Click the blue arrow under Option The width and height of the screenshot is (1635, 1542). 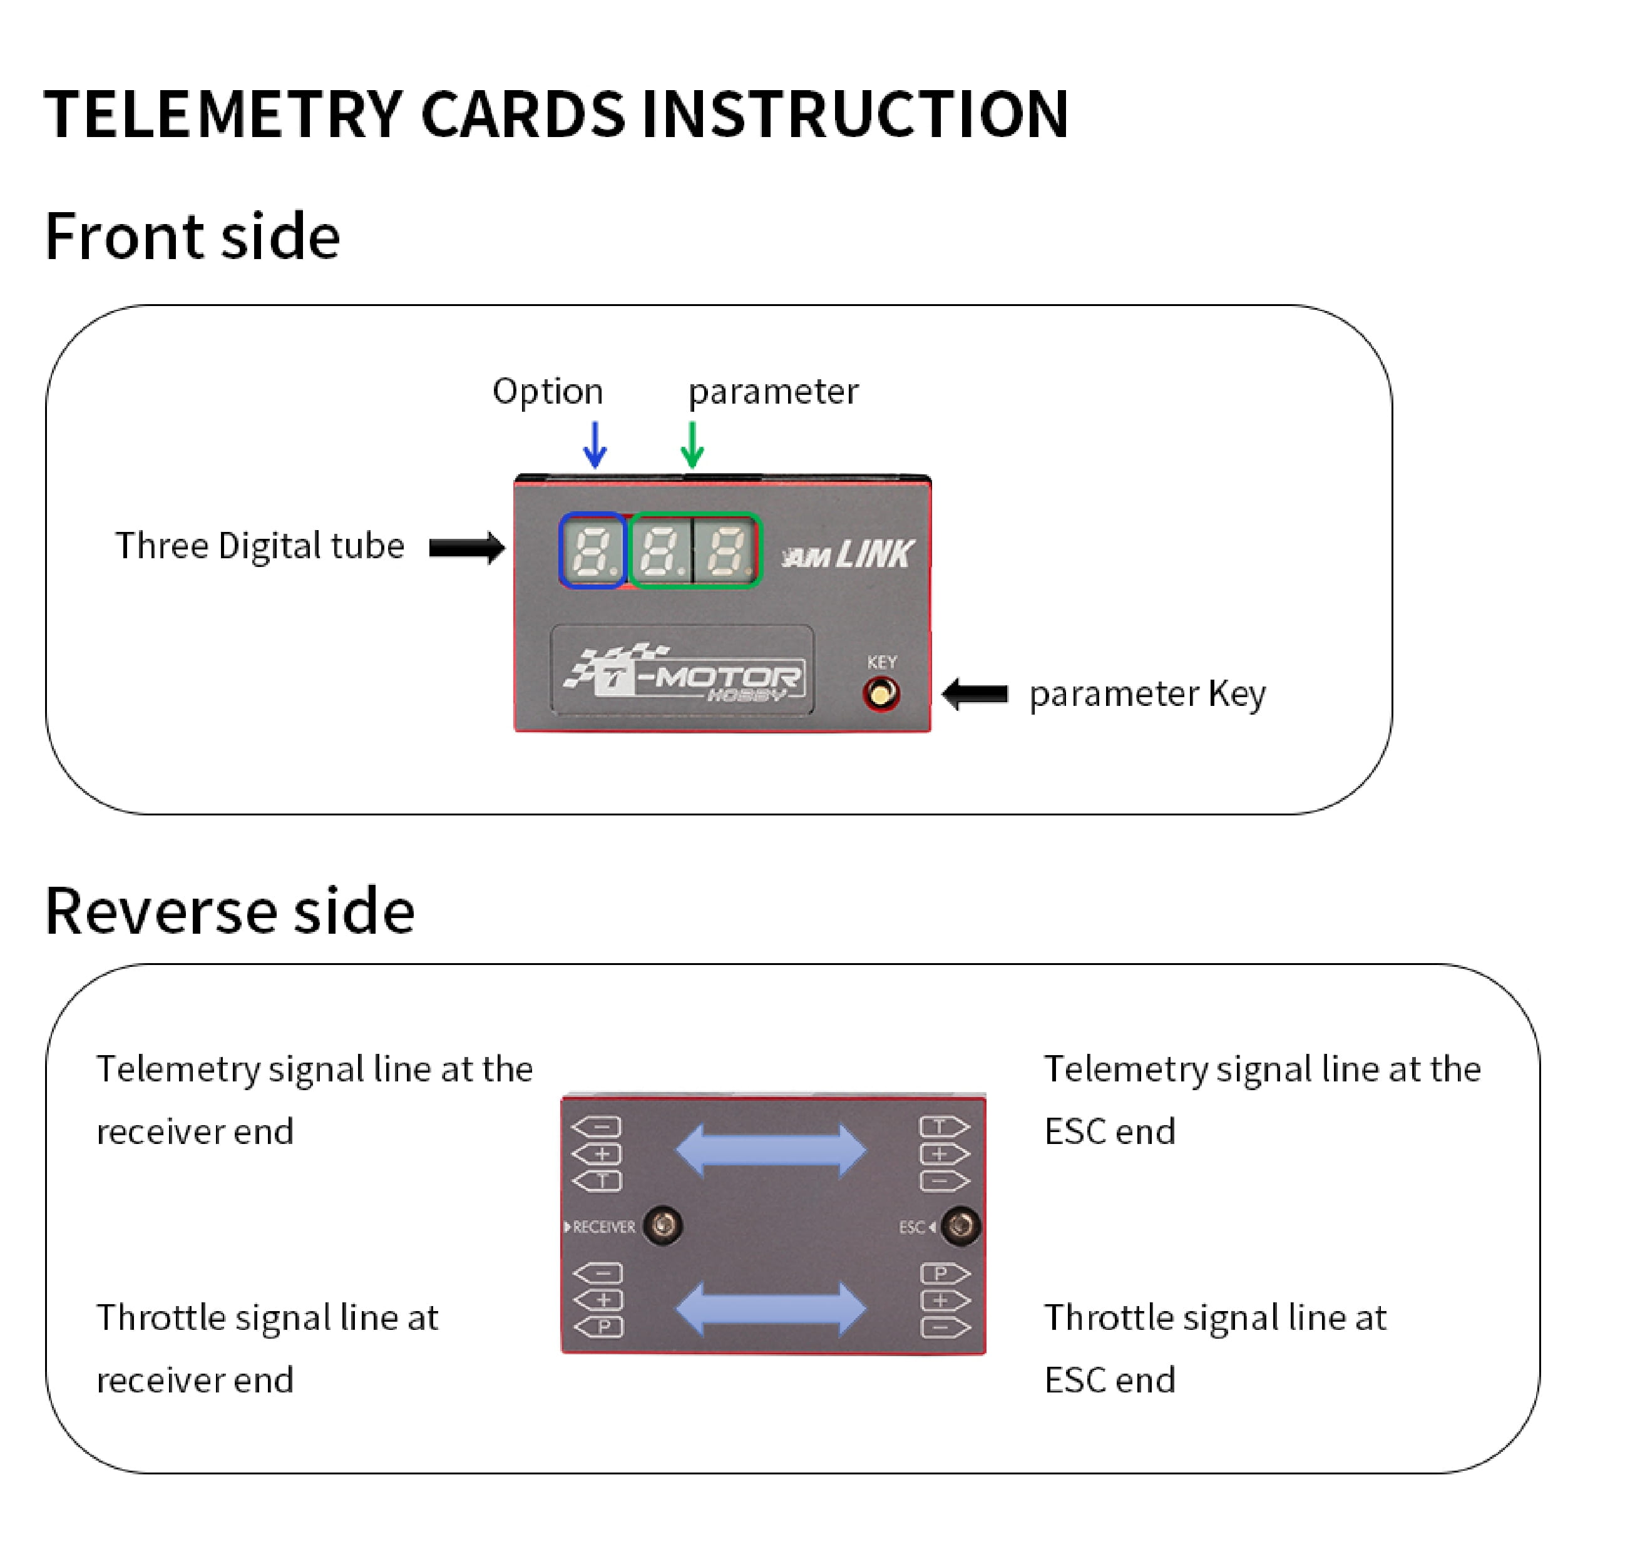coord(595,444)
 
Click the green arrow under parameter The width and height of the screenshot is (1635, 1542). coord(692,444)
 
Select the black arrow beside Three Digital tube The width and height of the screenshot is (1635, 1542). coord(466,548)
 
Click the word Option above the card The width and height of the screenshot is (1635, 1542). coord(548,392)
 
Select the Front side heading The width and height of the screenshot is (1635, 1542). coord(192,236)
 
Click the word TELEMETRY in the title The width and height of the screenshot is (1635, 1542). coord(223,115)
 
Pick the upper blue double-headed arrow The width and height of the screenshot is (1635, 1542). coord(771,1150)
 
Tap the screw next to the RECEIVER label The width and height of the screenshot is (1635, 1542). coord(663,1225)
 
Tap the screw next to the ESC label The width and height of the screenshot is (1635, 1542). coord(960,1226)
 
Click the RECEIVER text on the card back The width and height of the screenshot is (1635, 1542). coord(603,1227)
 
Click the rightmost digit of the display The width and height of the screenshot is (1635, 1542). coord(726,550)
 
